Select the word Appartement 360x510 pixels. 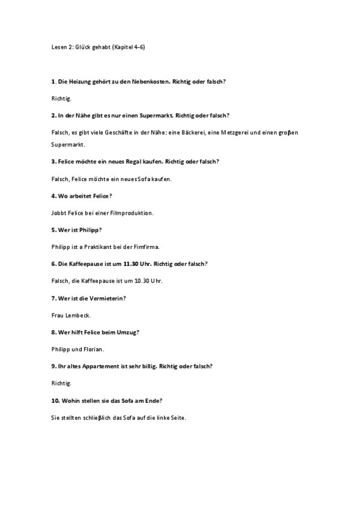tap(105, 366)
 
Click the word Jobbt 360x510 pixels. tap(58, 212)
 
